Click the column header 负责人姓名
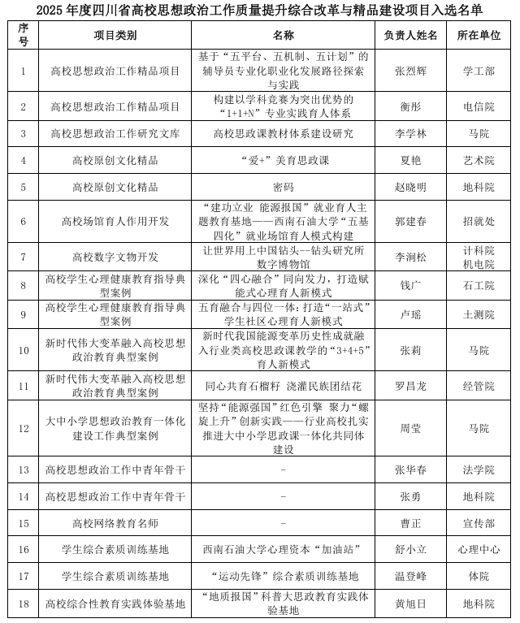[x=410, y=36]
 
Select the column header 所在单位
[x=479, y=36]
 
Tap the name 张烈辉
[x=410, y=71]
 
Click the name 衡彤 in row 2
[x=410, y=106]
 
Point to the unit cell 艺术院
[x=479, y=161]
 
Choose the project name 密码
[x=284, y=188]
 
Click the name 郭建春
[x=410, y=221]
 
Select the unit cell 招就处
[x=479, y=221]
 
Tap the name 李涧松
[x=410, y=257]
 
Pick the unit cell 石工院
[x=479, y=286]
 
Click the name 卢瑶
[x=410, y=314]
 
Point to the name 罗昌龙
[x=410, y=386]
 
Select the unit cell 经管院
[x=479, y=386]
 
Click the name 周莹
[x=410, y=428]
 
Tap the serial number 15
[x=24, y=523]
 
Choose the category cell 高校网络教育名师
[x=115, y=523]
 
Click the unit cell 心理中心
[x=479, y=550]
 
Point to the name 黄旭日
[x=410, y=604]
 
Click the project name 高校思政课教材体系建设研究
[x=284, y=134]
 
